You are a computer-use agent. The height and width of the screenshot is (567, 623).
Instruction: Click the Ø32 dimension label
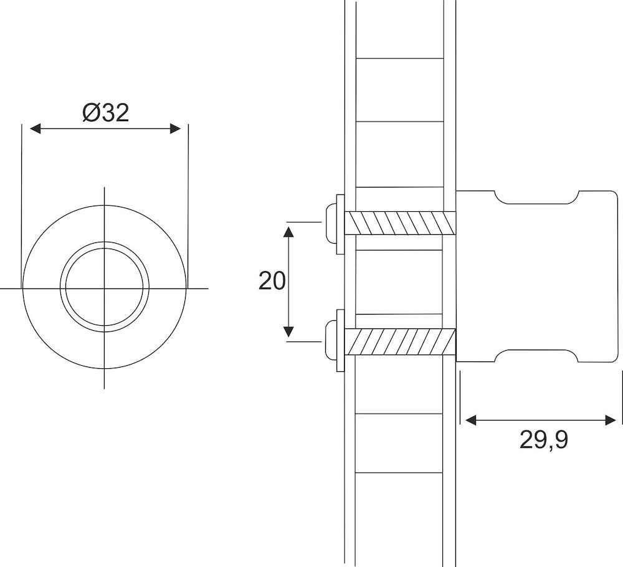coord(105,112)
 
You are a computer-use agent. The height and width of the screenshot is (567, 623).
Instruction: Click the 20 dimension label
coord(272,282)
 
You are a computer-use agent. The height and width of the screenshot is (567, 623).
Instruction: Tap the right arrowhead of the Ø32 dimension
coord(175,128)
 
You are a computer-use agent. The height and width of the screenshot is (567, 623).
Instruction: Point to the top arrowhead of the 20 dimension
coord(288,232)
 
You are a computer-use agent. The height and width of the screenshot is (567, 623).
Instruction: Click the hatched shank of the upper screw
coord(399,222)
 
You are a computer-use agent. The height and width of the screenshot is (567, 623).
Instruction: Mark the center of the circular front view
coord(105,288)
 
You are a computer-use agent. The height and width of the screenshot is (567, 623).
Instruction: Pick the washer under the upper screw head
coord(340,222)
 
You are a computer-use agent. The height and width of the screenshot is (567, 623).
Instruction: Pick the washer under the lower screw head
coord(340,341)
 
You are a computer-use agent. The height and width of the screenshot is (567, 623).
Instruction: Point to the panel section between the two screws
coord(399,280)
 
